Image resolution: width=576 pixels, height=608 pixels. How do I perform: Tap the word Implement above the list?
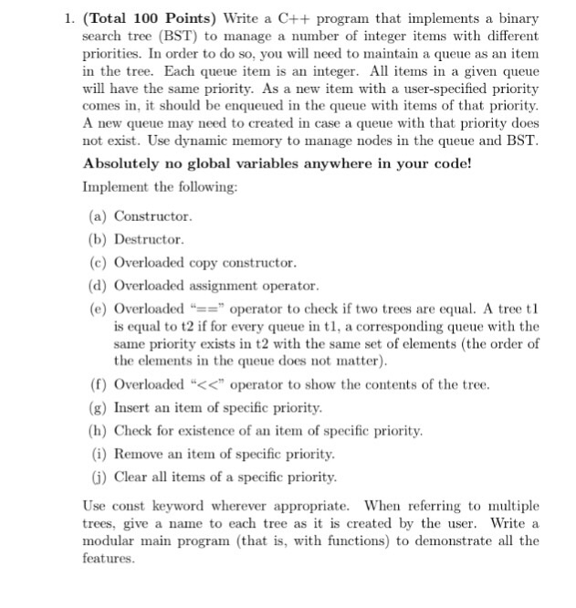coord(117,186)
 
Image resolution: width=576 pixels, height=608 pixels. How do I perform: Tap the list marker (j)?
coord(99,477)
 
